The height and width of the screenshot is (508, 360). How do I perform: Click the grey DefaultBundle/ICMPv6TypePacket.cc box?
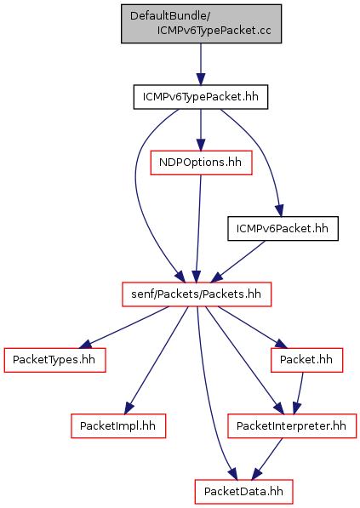[x=201, y=24]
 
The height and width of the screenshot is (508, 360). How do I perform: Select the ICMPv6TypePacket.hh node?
[x=201, y=97]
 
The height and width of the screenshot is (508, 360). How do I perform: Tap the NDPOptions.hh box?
[x=201, y=163]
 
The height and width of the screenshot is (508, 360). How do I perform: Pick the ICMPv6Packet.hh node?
[x=283, y=229]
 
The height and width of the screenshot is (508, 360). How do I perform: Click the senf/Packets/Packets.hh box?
[x=197, y=294]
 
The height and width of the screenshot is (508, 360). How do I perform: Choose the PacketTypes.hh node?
[x=54, y=360]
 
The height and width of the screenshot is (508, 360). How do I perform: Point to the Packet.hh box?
[x=306, y=360]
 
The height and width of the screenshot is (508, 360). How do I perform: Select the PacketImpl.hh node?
[x=118, y=426]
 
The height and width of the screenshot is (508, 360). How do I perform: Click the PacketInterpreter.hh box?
[x=292, y=426]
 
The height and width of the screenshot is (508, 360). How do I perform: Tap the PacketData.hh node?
[x=243, y=492]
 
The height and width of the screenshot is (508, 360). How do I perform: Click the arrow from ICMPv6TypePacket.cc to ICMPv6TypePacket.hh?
[x=201, y=64]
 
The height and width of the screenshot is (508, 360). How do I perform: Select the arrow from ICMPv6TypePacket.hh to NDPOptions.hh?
[x=201, y=130]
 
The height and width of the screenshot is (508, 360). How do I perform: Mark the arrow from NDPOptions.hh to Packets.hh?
[x=198, y=229]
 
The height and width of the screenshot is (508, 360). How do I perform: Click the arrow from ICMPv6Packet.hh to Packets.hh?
[x=238, y=261]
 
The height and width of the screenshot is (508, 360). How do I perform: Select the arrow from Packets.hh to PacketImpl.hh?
[x=157, y=360]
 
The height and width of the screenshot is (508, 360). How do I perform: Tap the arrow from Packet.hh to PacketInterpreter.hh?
[x=300, y=393]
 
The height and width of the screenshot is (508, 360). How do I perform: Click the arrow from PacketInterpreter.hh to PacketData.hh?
[x=267, y=459]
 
